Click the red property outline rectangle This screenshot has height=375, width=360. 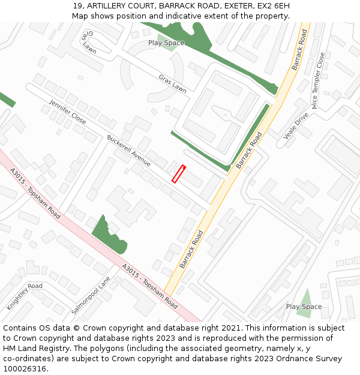coord(179,174)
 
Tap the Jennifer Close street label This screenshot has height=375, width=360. coord(68,111)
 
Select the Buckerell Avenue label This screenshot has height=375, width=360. coord(128,150)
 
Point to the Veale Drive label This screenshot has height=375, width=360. coord(296,125)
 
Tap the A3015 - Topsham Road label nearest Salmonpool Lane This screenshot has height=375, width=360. coord(149,287)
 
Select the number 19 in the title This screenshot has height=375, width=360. coord(77,6)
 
